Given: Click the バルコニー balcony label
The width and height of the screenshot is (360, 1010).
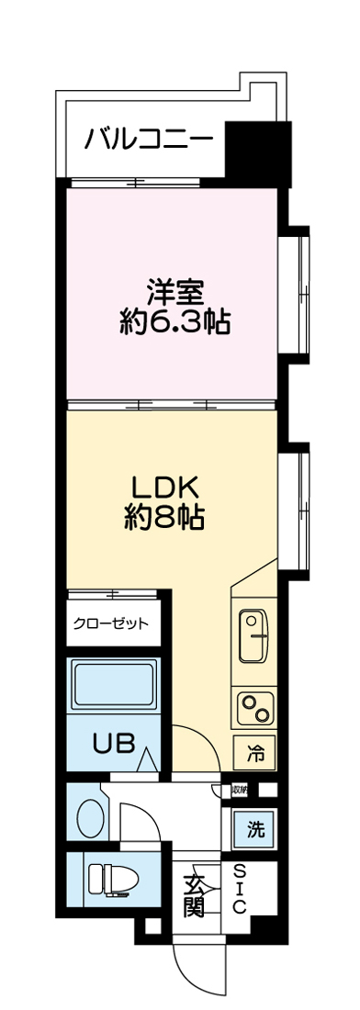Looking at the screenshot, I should coord(149,140).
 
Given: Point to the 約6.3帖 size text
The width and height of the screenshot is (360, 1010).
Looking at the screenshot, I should coord(174,322).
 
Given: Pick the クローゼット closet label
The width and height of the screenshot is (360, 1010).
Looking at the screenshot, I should coord(111,624).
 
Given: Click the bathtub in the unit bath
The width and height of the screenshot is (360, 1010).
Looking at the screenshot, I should coord(112,685).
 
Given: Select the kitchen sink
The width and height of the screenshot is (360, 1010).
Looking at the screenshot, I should coord(254,634).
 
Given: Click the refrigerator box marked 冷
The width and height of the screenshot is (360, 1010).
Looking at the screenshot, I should coord(254,755).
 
